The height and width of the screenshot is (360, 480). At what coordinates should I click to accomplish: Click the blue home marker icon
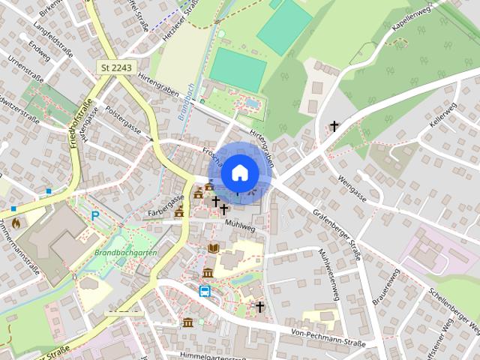tap(238, 172)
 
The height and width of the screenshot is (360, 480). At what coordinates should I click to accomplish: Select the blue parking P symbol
tap(95, 216)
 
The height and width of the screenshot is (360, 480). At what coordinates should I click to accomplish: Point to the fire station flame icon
tap(16, 223)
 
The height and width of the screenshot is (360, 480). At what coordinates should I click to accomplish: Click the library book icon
tap(214, 247)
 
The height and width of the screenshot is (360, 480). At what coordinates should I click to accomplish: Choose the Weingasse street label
tap(352, 184)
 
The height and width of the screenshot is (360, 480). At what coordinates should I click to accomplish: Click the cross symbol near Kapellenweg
tap(334, 127)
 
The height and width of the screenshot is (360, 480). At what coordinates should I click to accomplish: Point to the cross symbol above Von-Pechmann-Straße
tap(260, 307)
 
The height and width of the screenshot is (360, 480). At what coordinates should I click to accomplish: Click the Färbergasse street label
tap(166, 200)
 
